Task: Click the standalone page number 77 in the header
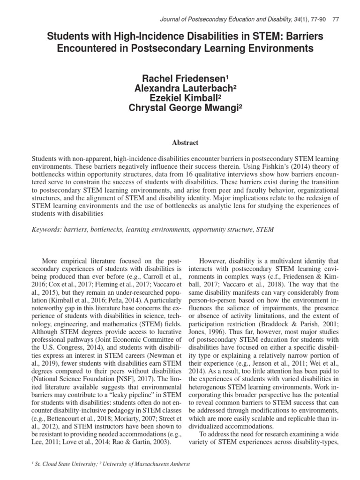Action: point(335,19)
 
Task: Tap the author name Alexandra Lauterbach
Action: point(180,88)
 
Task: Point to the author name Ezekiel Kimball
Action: point(180,98)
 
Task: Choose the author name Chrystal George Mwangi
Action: point(180,109)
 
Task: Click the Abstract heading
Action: point(180,142)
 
